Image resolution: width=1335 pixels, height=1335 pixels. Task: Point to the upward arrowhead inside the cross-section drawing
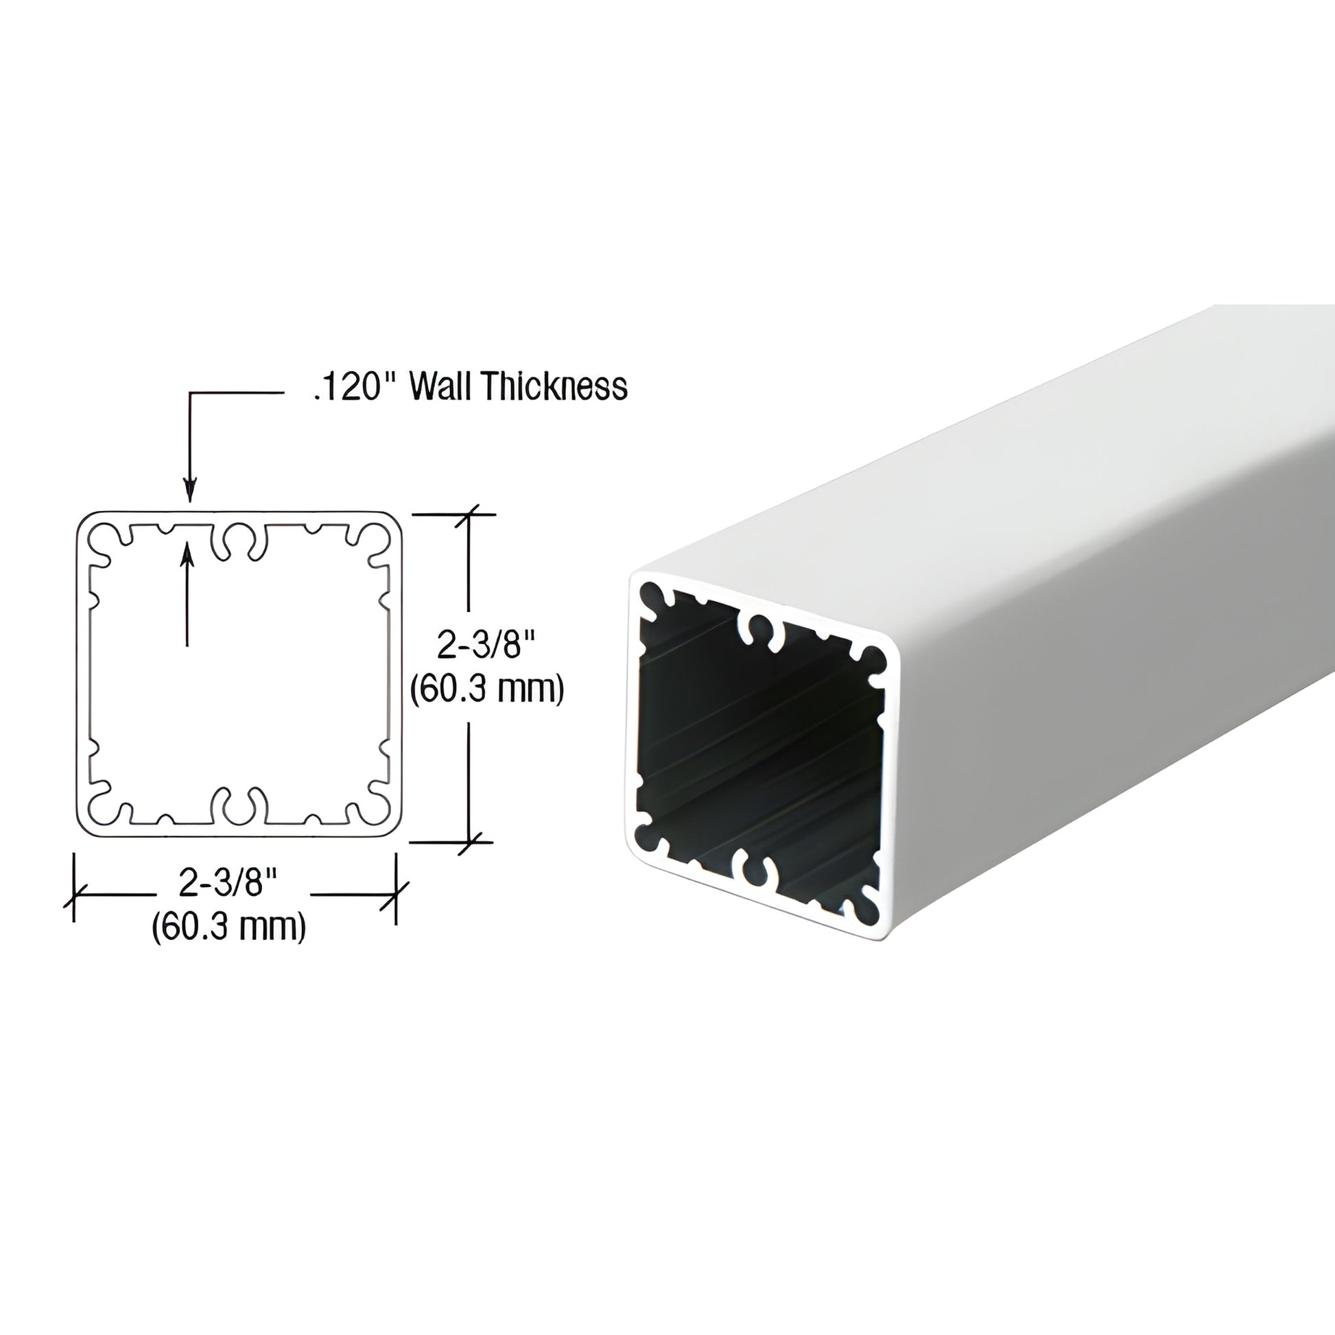coord(187,554)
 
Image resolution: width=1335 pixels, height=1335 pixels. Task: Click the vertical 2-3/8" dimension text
coord(486,647)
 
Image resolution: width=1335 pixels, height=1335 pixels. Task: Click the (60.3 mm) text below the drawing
coord(228,926)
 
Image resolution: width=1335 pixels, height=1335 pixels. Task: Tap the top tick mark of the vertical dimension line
coord(471,515)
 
